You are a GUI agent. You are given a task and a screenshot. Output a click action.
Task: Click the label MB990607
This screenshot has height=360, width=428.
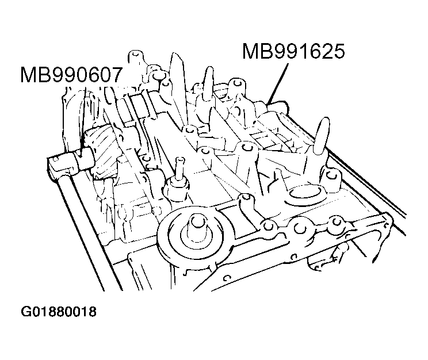pos(70,75)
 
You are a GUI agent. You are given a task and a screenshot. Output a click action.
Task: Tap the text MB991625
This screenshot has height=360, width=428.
pos(293,52)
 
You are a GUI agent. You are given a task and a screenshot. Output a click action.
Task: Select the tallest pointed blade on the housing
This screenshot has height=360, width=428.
pos(177,86)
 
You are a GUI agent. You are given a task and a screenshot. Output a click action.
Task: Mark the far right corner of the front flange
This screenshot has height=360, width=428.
pos(387,221)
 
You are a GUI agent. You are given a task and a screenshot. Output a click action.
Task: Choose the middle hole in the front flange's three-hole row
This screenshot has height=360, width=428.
pos(299,228)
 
